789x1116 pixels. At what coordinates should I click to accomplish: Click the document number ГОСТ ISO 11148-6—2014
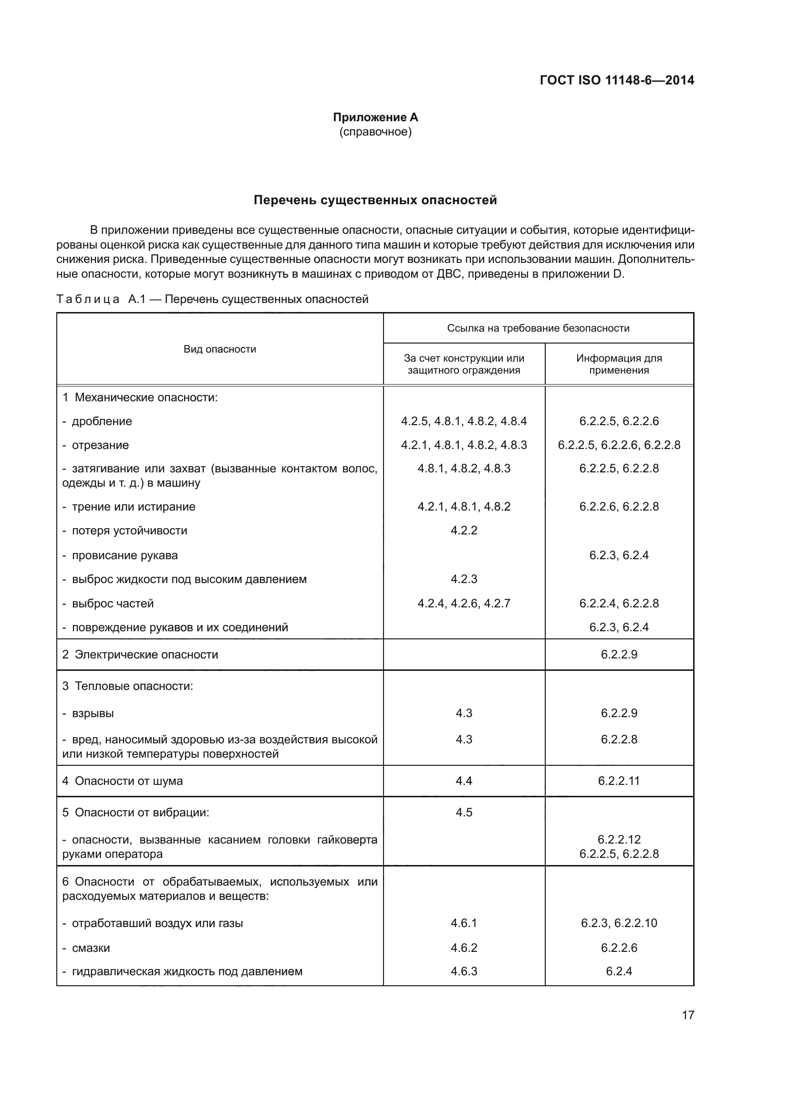pos(616,80)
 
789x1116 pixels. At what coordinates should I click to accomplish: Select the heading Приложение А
pos(375,117)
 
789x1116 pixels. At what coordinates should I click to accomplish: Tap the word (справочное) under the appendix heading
pos(375,132)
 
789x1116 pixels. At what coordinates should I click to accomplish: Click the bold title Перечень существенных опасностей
pos(375,200)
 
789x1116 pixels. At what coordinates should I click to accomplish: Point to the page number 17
pos(688,1015)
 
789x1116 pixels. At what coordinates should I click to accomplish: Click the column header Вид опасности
pos(219,349)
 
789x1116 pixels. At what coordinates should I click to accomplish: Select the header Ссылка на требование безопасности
pos(538,328)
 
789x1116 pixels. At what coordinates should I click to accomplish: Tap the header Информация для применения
pos(619,364)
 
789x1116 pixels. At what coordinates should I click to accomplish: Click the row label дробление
pos(102,421)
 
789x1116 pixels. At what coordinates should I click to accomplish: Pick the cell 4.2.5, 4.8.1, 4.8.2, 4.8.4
pos(464,421)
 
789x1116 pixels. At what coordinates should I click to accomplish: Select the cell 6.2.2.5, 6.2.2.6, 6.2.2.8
pos(619,445)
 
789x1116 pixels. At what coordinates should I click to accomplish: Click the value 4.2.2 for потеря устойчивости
pos(464,530)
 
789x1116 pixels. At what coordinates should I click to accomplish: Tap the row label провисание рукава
pos(125,555)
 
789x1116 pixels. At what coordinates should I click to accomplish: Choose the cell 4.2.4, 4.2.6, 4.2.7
pos(464,603)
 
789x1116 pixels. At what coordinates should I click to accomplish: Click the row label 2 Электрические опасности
pos(140,654)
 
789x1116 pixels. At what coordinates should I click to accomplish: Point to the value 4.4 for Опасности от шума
pos(464,781)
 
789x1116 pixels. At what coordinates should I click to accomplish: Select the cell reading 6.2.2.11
pos(619,781)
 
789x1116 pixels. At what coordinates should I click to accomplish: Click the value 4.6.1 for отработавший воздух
pos(464,923)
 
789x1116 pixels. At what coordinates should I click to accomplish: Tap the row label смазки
pos(91,948)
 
